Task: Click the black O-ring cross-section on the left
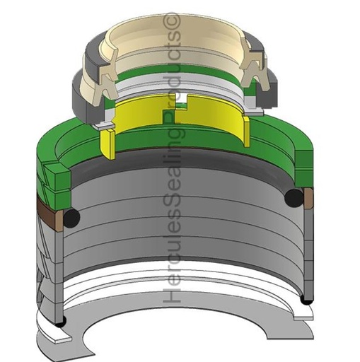(71, 218)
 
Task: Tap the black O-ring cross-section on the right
(294, 197)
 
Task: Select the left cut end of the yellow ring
(108, 144)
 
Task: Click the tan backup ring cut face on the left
(59, 221)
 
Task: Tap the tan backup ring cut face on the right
(308, 199)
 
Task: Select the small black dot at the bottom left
(61, 323)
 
